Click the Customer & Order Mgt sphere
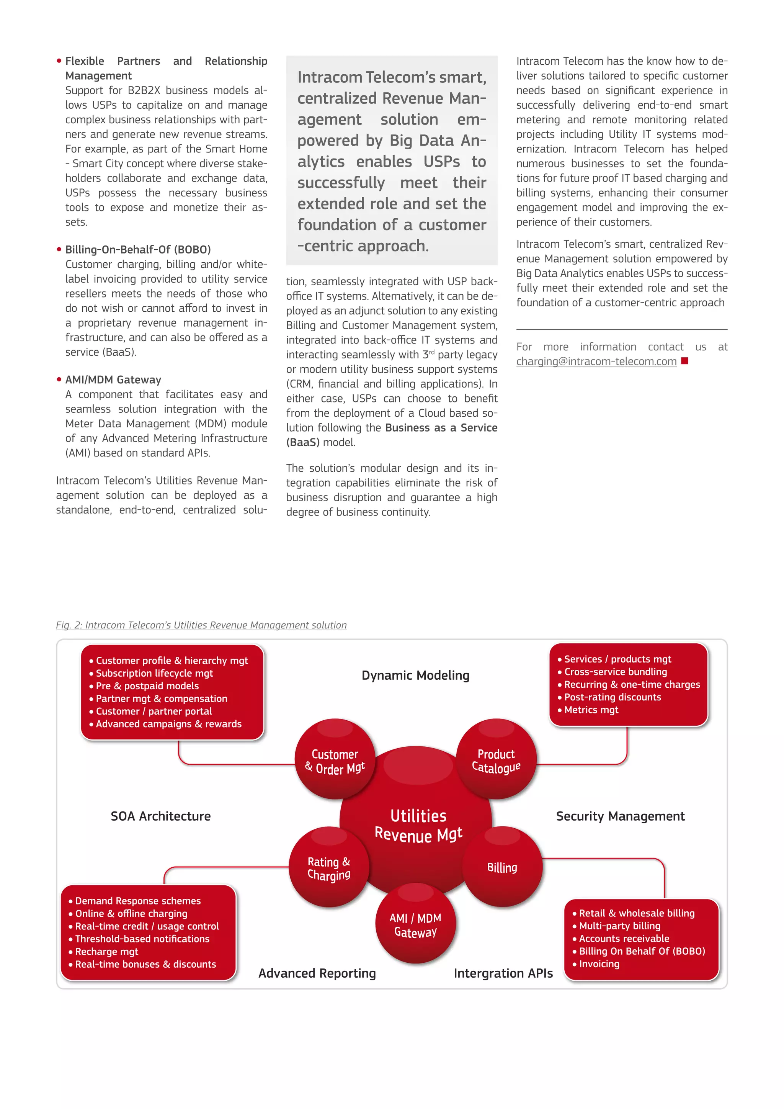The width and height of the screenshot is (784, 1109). tap(335, 760)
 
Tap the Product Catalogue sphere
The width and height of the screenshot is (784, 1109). tap(496, 760)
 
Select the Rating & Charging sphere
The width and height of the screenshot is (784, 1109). tap(329, 868)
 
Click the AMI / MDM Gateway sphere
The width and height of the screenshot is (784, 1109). tap(416, 924)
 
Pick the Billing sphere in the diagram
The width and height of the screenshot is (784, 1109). tap(502, 867)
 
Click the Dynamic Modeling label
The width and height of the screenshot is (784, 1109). tap(415, 675)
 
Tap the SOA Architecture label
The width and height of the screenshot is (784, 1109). tap(161, 816)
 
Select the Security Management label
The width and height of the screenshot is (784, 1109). tap(620, 816)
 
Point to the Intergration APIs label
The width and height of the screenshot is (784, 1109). tap(503, 973)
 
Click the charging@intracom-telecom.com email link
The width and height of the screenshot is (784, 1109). tap(596, 361)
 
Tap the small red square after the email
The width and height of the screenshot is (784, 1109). tap(684, 361)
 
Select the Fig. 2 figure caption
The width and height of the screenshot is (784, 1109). tap(201, 625)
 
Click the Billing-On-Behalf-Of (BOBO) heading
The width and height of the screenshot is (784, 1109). tap(138, 250)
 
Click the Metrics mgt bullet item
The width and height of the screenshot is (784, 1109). tap(591, 710)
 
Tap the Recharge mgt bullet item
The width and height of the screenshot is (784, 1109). tap(107, 952)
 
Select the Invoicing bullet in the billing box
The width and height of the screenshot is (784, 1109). tap(599, 964)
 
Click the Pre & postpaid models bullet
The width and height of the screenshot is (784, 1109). tap(147, 686)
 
